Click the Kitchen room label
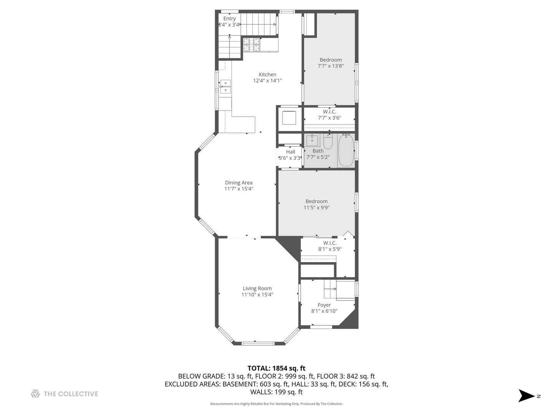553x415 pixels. [267, 75]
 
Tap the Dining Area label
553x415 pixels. [238, 183]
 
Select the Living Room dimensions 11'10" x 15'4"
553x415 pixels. [257, 295]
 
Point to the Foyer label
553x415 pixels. [324, 305]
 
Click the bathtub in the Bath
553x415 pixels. [346, 150]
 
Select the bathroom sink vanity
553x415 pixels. [312, 140]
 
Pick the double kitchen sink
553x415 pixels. [225, 87]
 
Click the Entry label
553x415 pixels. [230, 18]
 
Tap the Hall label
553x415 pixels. [290, 152]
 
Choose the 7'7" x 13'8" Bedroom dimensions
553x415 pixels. [331, 66]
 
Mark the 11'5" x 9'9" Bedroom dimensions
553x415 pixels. [317, 207]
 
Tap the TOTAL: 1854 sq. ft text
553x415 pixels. [276, 369]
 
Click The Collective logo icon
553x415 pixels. [35, 394]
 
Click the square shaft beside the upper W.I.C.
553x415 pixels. [289, 118]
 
